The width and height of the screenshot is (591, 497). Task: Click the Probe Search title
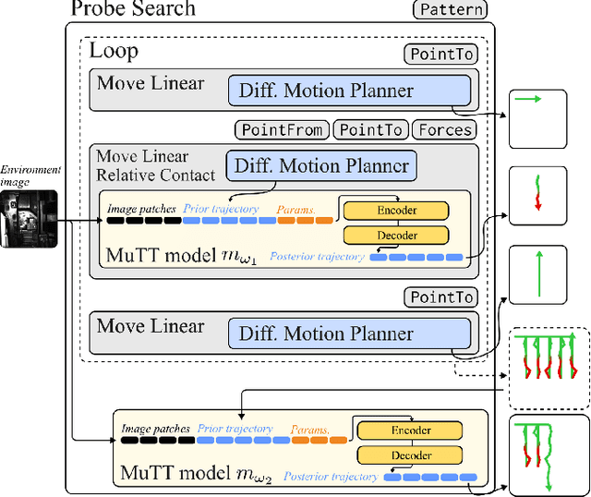coord(133,10)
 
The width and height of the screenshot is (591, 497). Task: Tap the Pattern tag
coord(449,11)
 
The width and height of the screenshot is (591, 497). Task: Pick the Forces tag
coord(445,130)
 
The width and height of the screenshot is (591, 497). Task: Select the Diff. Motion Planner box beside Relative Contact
coord(321,166)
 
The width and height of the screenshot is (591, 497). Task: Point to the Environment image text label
coord(30,176)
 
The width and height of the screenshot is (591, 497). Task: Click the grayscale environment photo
coord(30,219)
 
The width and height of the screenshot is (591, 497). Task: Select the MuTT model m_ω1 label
coord(173,253)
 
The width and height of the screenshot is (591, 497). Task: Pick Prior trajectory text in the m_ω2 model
coord(235,429)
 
